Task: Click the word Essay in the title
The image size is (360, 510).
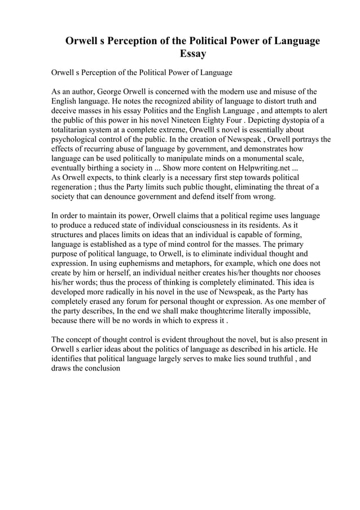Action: pos(192,54)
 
